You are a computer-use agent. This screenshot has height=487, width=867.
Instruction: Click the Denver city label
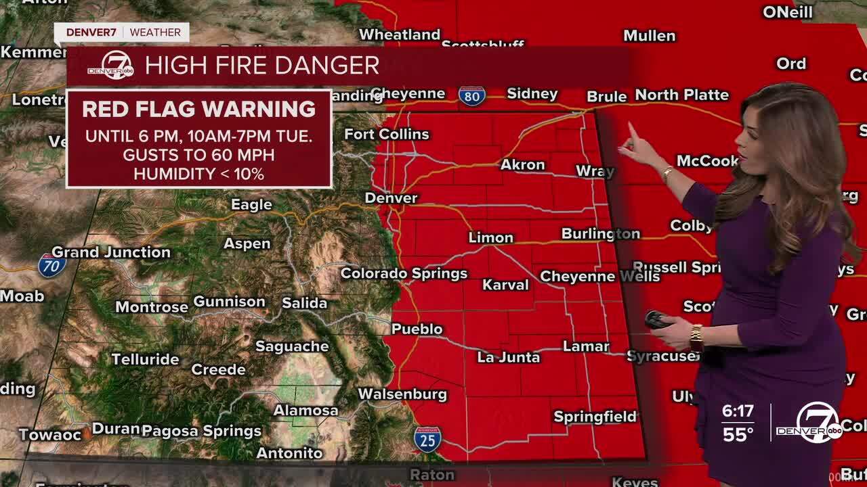pyautogui.click(x=391, y=198)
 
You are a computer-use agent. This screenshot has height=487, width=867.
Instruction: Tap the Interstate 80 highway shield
pyautogui.click(x=471, y=96)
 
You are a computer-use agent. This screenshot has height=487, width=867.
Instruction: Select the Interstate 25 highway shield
pyautogui.click(x=427, y=439)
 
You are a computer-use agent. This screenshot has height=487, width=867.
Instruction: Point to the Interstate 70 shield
pyautogui.click(x=52, y=265)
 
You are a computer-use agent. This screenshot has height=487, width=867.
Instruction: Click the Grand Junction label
pyautogui.click(x=111, y=252)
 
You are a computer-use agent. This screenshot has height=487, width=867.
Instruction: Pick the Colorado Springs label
pyautogui.click(x=404, y=273)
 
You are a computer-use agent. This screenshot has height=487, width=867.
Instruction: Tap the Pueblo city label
pyautogui.click(x=417, y=329)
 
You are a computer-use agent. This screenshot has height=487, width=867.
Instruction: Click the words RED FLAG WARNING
pyautogui.click(x=198, y=109)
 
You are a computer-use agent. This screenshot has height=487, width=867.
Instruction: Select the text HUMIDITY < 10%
pyautogui.click(x=198, y=174)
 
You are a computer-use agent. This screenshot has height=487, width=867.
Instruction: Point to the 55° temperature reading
pyautogui.click(x=738, y=434)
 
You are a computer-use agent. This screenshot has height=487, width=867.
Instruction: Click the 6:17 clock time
pyautogui.click(x=738, y=411)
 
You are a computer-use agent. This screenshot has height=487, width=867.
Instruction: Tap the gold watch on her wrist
pyautogui.click(x=696, y=337)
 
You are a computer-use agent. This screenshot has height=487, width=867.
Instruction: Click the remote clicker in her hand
pyautogui.click(x=657, y=319)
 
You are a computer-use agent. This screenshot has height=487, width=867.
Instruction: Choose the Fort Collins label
pyautogui.click(x=387, y=134)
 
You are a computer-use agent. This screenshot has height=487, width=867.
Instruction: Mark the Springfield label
pyautogui.click(x=595, y=417)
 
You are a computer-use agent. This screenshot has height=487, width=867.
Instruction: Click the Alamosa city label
pyautogui.click(x=305, y=411)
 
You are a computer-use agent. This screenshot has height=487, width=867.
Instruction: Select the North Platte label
pyautogui.click(x=681, y=95)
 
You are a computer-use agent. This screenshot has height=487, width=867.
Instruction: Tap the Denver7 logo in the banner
pyautogui.click(x=110, y=66)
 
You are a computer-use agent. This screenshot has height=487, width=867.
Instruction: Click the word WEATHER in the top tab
pyautogui.click(x=155, y=32)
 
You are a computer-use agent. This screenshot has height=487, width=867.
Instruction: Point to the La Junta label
pyautogui.click(x=509, y=357)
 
